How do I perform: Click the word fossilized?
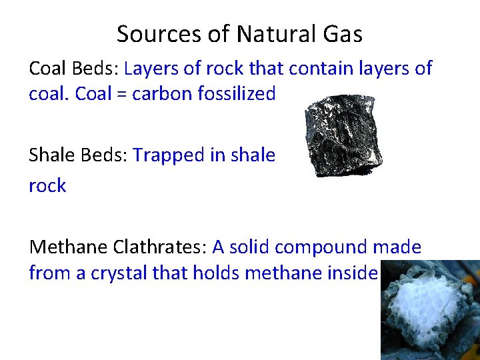pos(237,94)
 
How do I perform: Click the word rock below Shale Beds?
pos(47,186)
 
